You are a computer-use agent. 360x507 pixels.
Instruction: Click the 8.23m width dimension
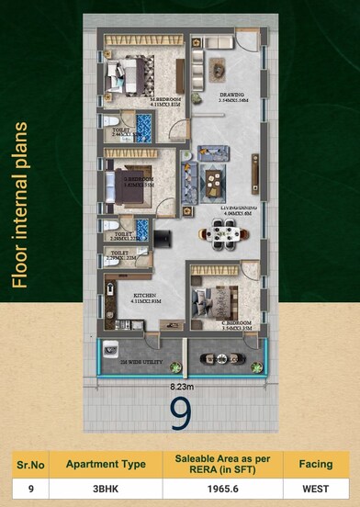click(180, 388)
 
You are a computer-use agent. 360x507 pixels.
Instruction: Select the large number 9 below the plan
click(181, 413)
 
